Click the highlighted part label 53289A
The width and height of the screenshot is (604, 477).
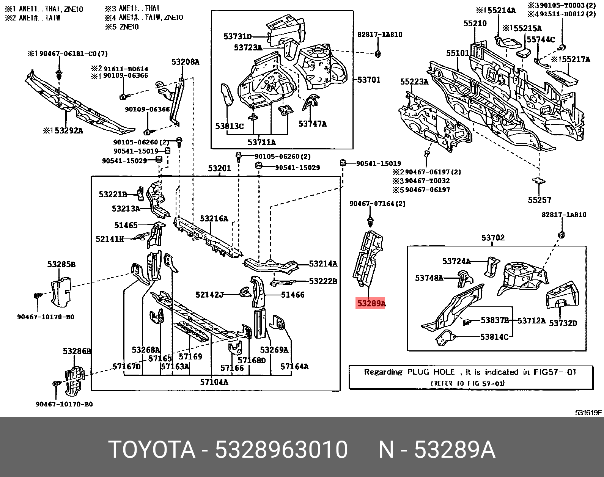click(371, 303)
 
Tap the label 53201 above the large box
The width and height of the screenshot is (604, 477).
click(219, 168)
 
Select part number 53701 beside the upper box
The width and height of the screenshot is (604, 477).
click(369, 80)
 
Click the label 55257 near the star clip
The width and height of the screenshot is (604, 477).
click(539, 200)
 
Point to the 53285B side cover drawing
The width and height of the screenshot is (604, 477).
click(61, 291)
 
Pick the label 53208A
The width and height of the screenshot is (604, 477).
click(185, 62)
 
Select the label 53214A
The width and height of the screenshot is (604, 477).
click(323, 264)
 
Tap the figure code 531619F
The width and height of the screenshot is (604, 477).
click(588, 413)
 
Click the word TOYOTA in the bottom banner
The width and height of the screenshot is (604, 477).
click(152, 450)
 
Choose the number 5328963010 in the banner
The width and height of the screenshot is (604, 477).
click(281, 450)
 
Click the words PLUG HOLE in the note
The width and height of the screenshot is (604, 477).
click(431, 372)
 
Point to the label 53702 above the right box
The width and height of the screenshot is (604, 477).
click(493, 238)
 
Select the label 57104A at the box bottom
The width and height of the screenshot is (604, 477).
click(214, 382)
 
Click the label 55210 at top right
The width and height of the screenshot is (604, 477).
click(475, 24)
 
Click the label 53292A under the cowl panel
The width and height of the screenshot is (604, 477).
click(68, 131)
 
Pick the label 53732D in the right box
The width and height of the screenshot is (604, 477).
click(563, 323)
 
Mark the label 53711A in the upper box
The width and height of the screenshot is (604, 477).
click(261, 143)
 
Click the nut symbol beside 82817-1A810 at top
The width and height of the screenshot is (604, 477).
click(378, 53)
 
